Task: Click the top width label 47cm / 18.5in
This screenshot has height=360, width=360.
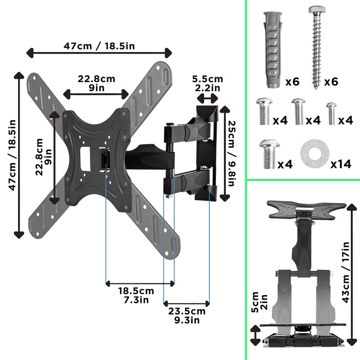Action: pyautogui.click(x=99, y=45)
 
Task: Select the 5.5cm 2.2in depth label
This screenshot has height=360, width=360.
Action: pyautogui.click(x=207, y=83)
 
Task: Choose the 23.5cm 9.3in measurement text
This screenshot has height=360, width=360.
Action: pyautogui.click(x=186, y=315)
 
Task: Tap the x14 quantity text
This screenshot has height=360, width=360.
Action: pyautogui.click(x=340, y=164)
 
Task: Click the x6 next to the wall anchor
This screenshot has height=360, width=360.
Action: pyautogui.click(x=292, y=82)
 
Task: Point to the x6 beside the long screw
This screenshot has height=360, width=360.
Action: pyautogui.click(x=331, y=82)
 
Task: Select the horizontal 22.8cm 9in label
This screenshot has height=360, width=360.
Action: pyautogui.click(x=96, y=83)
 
